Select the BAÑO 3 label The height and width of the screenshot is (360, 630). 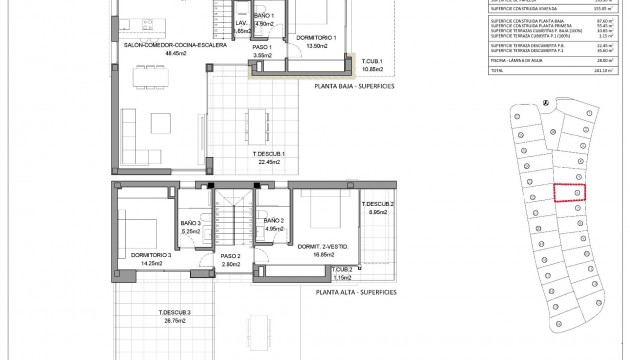191,223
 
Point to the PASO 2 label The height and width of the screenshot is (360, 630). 232,257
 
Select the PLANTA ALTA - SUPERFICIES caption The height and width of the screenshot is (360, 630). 355,292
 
